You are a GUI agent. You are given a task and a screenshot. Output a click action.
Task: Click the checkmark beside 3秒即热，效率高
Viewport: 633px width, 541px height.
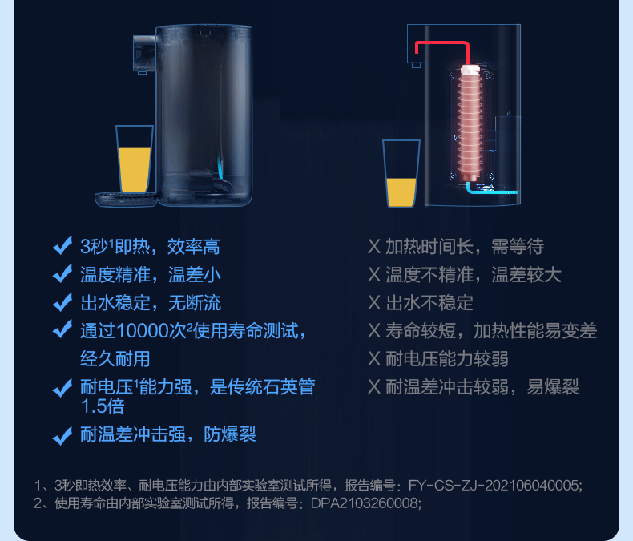pos(62,246)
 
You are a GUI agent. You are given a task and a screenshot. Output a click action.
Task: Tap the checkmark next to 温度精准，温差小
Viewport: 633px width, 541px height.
pos(62,275)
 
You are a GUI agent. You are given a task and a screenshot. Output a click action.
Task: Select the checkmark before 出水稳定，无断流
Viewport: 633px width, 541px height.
pos(62,303)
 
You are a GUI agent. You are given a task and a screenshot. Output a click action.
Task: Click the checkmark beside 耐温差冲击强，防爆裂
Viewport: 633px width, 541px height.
pos(62,436)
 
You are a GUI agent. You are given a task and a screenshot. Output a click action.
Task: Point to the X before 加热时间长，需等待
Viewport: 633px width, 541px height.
pos(373,247)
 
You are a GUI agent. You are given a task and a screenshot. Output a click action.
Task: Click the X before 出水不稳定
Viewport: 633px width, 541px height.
pos(373,303)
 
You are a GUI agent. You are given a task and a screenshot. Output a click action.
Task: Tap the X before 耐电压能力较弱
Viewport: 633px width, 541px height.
pos(373,359)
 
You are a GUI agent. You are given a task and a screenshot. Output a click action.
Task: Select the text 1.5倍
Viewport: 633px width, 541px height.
pos(103,406)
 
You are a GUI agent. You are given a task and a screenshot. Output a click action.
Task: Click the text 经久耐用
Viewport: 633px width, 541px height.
pos(115,358)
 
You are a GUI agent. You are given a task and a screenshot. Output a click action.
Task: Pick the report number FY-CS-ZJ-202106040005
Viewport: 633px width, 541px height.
pos(494,485)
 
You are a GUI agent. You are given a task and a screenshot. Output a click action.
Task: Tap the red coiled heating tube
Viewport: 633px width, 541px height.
pos(468,120)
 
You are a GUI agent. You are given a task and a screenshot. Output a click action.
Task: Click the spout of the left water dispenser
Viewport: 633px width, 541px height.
pos(143,56)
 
